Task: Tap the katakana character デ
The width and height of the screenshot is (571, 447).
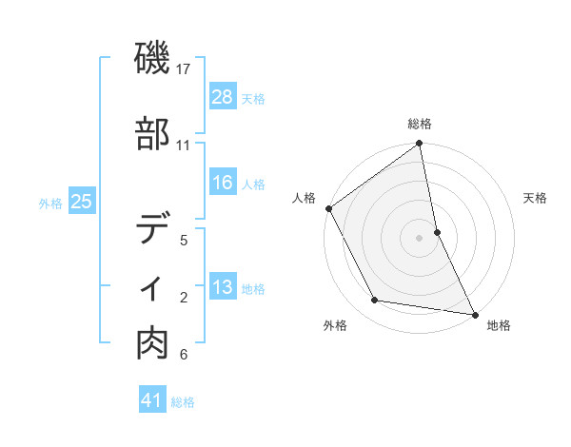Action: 153,228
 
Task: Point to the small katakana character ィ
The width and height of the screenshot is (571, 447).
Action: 153,286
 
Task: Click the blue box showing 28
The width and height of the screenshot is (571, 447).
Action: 223,97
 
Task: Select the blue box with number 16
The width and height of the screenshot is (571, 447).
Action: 223,183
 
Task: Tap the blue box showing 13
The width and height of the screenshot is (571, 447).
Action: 223,287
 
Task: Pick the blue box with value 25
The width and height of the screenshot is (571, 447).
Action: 82,202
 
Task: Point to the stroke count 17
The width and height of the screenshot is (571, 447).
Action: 184,68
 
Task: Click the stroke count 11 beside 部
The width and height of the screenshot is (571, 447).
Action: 184,146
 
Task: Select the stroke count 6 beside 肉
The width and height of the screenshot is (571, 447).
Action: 184,355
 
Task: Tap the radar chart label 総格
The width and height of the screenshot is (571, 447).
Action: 420,124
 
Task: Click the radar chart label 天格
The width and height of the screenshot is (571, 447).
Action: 536,198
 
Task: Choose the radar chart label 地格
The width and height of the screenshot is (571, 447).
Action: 499,325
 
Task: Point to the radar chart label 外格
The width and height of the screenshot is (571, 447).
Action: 335,325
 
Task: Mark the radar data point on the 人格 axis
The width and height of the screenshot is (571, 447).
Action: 329,208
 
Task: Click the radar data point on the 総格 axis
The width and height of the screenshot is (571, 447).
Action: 420,145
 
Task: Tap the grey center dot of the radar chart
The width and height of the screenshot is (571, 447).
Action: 420,237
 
